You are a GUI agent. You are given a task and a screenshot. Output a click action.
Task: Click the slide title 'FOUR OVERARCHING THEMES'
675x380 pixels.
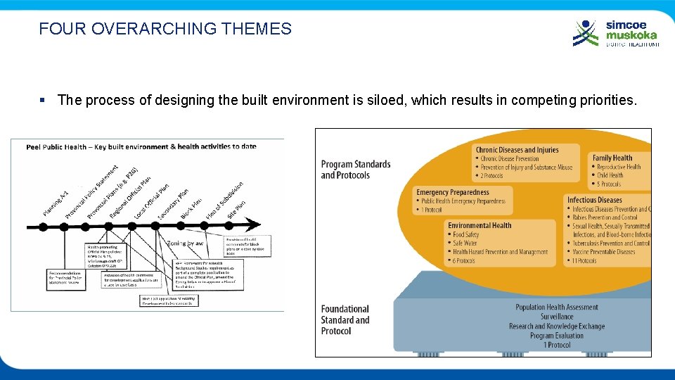[165, 29]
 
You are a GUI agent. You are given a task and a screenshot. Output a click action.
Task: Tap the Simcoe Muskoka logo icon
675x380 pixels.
[586, 32]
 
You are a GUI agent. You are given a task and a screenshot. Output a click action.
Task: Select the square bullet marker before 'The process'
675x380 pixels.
[44, 100]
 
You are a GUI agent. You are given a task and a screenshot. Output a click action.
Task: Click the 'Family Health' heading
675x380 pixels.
[612, 158]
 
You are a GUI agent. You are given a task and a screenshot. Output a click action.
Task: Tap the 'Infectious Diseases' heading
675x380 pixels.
[594, 200]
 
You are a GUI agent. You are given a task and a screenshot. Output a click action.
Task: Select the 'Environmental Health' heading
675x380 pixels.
[480, 226]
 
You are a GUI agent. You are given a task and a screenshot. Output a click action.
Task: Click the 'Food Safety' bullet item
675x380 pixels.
[465, 235]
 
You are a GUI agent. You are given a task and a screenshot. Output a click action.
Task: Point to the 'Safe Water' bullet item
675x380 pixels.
[465, 243]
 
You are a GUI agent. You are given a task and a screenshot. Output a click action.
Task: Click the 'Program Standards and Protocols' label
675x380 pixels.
[355, 170]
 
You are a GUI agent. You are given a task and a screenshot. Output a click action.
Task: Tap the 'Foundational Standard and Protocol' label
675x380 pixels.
[345, 319]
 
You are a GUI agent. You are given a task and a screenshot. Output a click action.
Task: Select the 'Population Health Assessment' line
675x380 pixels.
[556, 307]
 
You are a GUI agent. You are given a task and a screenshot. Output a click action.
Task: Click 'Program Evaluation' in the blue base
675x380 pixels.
[556, 336]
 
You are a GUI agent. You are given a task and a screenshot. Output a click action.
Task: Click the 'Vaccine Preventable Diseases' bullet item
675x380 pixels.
[603, 252]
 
